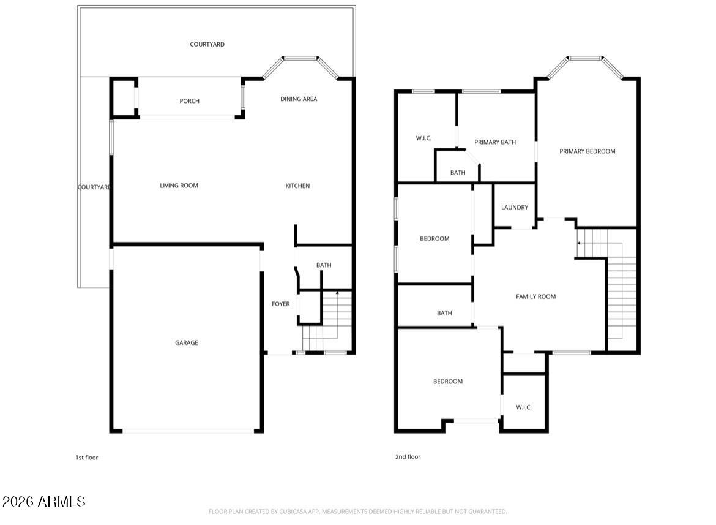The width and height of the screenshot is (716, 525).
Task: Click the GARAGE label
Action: click(x=187, y=343)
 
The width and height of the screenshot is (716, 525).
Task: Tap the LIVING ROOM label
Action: click(x=179, y=186)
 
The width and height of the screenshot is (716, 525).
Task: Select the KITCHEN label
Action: click(x=298, y=186)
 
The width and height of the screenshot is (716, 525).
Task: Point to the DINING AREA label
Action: click(x=299, y=99)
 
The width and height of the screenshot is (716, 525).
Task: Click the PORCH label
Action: click(x=190, y=101)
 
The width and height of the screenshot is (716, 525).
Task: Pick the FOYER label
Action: click(x=281, y=304)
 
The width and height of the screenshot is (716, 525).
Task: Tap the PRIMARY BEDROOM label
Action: click(x=587, y=151)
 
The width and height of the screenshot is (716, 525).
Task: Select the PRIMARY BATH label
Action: click(x=495, y=142)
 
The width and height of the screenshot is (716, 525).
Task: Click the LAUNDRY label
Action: click(x=515, y=208)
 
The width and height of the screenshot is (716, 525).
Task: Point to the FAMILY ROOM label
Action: click(x=536, y=296)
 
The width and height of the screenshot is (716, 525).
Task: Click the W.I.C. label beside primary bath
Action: click(x=424, y=138)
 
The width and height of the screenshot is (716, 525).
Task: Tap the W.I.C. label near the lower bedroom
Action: click(x=524, y=407)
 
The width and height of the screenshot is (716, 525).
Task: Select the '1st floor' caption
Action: click(x=87, y=458)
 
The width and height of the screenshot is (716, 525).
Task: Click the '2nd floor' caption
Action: click(x=408, y=457)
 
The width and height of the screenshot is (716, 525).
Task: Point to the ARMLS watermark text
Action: click(x=44, y=502)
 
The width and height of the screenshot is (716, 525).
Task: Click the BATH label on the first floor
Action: click(x=324, y=265)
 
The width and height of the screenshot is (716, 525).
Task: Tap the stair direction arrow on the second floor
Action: click(x=579, y=243)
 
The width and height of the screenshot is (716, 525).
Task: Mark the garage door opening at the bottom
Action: click(x=188, y=431)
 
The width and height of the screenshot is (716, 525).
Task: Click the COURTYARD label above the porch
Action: click(x=207, y=44)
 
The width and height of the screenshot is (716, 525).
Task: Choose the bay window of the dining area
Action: click(x=300, y=59)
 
